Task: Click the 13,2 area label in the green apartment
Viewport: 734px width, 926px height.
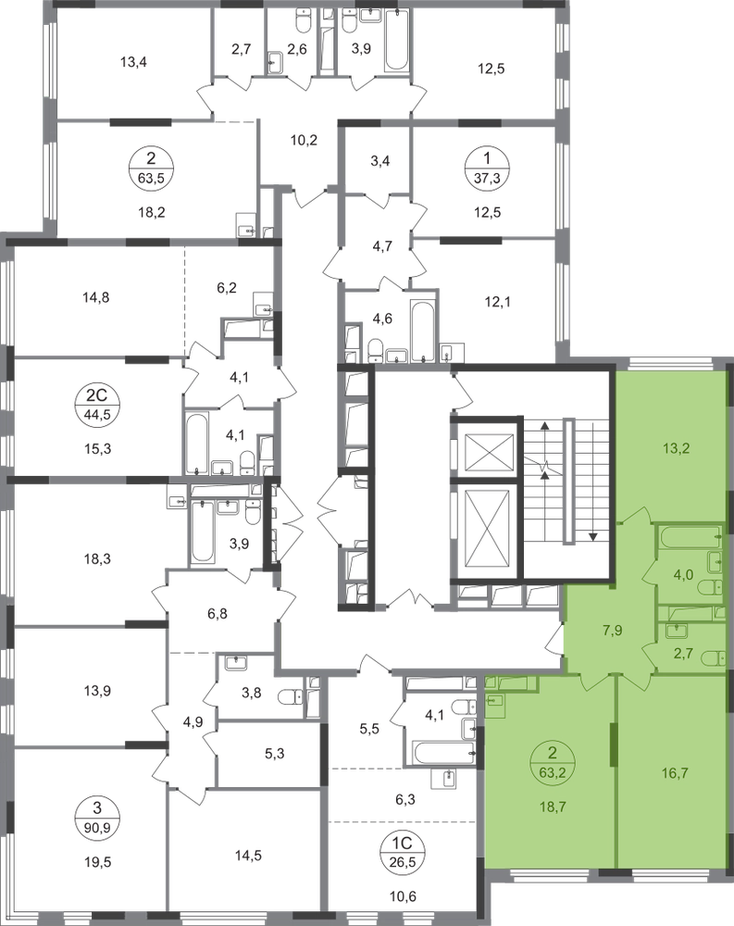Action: [x=676, y=448]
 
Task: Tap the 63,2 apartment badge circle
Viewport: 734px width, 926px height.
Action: [x=553, y=762]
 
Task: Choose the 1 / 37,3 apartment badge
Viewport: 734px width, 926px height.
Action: [x=487, y=168]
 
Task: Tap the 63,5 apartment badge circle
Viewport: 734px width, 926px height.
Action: [x=151, y=168]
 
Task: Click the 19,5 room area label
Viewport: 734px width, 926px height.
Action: [x=98, y=861]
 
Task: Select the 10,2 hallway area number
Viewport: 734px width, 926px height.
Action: [x=305, y=140]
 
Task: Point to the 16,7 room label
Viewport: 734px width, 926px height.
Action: [x=675, y=773]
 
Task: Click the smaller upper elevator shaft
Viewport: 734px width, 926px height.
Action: [x=489, y=451]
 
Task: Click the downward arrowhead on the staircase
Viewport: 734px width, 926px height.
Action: [x=593, y=536]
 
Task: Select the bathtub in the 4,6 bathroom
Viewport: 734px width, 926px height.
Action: [x=423, y=333]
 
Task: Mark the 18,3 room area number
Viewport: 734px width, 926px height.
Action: [x=98, y=558]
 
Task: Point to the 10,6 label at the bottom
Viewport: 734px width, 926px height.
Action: [x=404, y=896]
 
